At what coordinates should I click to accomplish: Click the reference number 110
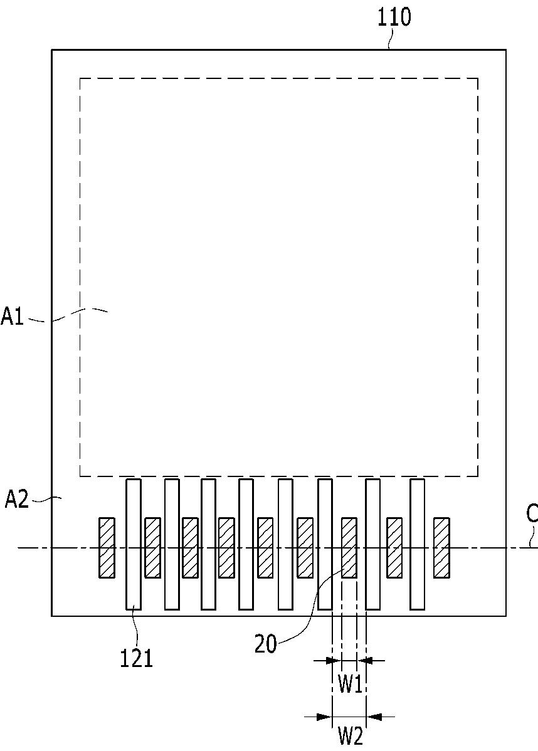click(394, 18)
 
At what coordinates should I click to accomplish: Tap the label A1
click(13, 317)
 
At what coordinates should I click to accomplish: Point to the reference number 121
click(137, 659)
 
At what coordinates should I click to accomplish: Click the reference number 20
click(265, 644)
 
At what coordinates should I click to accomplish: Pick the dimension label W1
click(350, 685)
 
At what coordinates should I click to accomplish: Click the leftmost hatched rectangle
click(107, 547)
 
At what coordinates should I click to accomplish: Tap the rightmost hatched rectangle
click(441, 547)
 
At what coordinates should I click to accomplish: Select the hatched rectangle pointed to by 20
click(349, 547)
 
